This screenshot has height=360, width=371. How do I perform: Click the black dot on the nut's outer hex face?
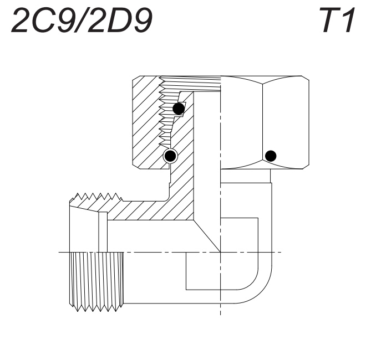click(271, 156)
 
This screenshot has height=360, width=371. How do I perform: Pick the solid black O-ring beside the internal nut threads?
click(178, 109)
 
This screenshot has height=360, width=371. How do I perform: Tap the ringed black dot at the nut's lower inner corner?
click(170, 156)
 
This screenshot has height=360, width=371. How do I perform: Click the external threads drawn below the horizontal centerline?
click(97, 277)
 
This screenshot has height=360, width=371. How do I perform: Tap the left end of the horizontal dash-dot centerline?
click(61, 253)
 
